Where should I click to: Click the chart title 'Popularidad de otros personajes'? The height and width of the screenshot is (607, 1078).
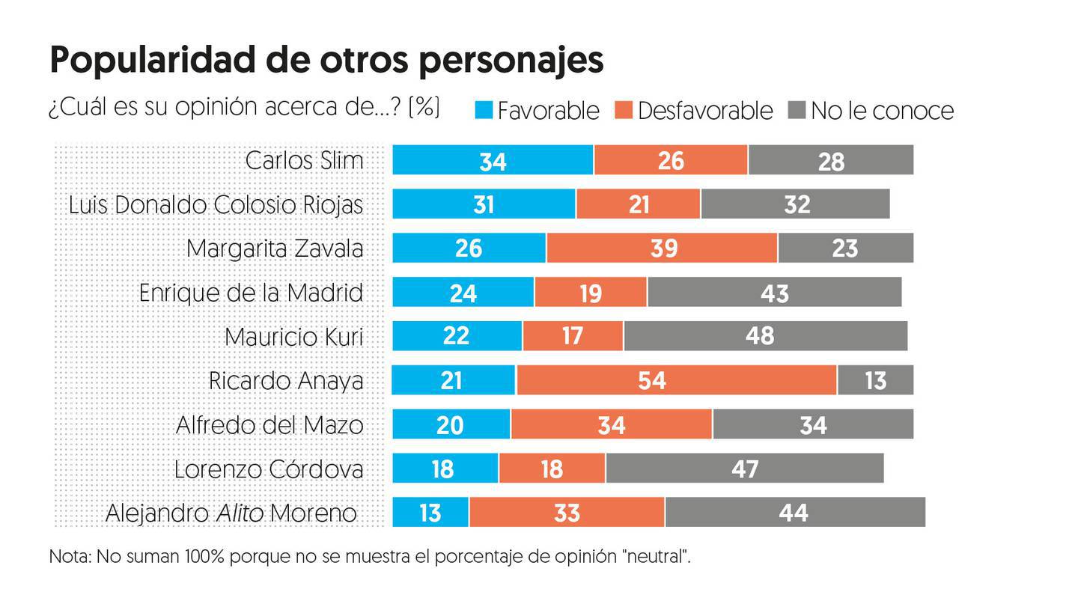[326, 61]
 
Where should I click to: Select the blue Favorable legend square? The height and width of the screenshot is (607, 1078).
[484, 111]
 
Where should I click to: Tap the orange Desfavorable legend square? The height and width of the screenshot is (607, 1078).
[624, 111]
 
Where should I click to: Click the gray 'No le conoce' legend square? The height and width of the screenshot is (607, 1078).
[797, 111]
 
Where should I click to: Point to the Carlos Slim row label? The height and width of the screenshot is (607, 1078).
[304, 160]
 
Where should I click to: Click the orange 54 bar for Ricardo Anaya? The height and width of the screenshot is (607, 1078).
[676, 380]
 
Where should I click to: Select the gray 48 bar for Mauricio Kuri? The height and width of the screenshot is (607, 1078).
[765, 336]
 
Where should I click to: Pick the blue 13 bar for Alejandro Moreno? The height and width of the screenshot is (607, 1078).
[430, 513]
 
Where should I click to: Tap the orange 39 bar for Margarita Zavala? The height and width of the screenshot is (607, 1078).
[662, 248]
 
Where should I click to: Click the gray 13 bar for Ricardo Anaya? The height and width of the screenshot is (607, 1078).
[875, 380]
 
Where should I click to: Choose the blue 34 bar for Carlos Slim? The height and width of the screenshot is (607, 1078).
[493, 160]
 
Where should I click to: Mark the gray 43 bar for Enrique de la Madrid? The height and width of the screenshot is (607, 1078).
[774, 292]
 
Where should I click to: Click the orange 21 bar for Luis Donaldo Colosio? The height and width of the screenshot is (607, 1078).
[638, 204]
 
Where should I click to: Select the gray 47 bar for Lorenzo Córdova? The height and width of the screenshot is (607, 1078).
[744, 469]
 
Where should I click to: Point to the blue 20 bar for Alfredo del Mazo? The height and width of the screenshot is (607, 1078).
[451, 424]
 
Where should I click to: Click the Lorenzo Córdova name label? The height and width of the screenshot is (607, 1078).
[269, 469]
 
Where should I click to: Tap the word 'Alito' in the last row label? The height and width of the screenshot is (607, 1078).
[240, 513]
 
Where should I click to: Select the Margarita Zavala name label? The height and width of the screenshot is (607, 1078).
[275, 248]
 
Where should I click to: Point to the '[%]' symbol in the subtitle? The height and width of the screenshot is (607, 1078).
[424, 107]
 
